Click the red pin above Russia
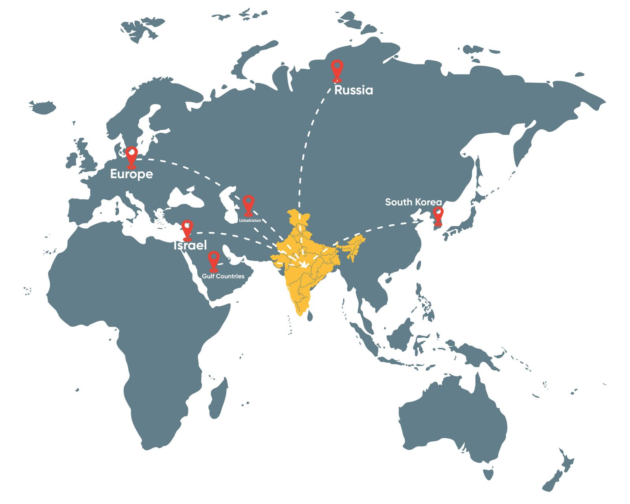[x=337, y=69]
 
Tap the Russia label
[x=353, y=90]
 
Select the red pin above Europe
[x=132, y=156]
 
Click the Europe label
[x=131, y=174]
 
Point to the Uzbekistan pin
[x=248, y=204]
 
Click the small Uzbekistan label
[x=250, y=220]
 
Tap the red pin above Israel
[x=187, y=229]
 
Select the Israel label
[x=190, y=245]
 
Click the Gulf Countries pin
[x=213, y=261]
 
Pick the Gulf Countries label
[x=223, y=276]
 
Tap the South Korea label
[x=413, y=202]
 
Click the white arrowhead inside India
[x=304, y=264]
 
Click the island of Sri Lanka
[x=310, y=315]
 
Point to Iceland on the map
[x=43, y=107]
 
